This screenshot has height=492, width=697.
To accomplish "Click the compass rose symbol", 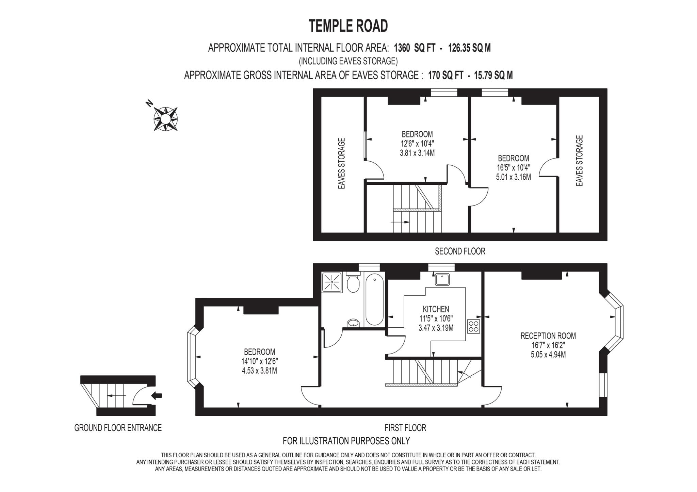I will tap(165, 119).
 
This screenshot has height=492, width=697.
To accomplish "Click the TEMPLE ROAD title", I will tap(348, 26).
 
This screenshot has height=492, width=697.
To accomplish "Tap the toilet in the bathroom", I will tap(353, 283).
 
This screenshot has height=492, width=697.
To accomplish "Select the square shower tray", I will tap(332, 282).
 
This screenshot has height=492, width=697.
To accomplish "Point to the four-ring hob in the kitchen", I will tap(473, 326).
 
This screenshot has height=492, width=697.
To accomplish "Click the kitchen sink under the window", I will tap(442, 279).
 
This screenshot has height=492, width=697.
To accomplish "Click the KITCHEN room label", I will tap(436, 309).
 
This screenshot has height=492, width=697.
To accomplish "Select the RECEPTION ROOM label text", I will tap(548, 336).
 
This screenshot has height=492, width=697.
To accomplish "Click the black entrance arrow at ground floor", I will tap(157, 395).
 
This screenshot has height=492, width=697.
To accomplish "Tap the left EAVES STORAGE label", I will tap(342, 163).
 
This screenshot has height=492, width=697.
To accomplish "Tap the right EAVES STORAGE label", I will tap(579, 161).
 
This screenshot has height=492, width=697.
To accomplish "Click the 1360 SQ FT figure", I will tap(414, 48).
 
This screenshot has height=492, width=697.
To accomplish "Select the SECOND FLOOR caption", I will tap(460, 251).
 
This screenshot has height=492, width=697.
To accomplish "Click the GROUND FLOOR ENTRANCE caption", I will tap(118, 428).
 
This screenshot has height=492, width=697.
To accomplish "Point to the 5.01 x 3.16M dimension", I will tap(513, 177).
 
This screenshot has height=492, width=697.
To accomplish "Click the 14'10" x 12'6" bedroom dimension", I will tap(259, 361).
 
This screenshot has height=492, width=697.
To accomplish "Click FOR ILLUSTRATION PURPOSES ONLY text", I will tap(346, 441).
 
